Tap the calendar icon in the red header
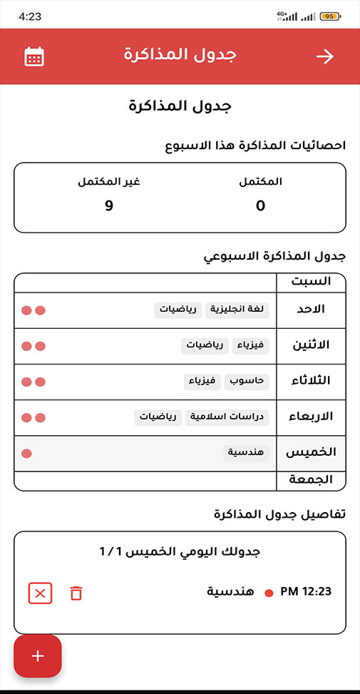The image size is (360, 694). [x=34, y=56]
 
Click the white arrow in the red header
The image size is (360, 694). [x=325, y=56]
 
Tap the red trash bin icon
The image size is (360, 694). [x=76, y=593]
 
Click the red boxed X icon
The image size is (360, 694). [x=40, y=593]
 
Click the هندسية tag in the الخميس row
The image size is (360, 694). [x=246, y=453]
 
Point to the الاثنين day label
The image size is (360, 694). [x=312, y=346]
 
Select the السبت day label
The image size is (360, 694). [x=312, y=281]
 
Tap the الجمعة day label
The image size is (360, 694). [x=311, y=480]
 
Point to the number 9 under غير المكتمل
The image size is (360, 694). [x=109, y=206]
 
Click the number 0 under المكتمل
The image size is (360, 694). [x=260, y=206]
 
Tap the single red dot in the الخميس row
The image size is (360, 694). [x=27, y=454]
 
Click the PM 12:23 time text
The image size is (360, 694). [x=306, y=591]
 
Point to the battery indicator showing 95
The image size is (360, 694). [x=330, y=16]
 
